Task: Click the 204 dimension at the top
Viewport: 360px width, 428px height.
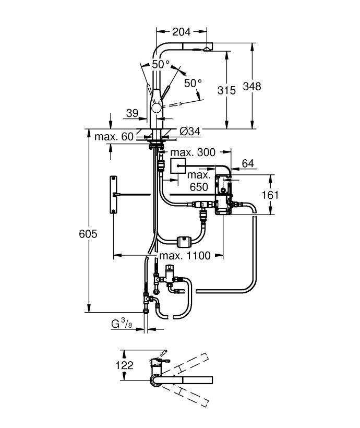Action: tap(181, 32)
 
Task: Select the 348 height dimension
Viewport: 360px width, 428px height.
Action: tap(252, 86)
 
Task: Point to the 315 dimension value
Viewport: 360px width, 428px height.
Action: tap(226, 90)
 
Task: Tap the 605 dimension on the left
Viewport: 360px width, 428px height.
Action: tap(88, 234)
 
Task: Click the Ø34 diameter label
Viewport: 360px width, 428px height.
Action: tap(190, 132)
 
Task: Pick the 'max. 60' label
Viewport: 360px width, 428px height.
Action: tap(114, 136)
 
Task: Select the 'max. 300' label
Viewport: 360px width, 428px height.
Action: tap(193, 152)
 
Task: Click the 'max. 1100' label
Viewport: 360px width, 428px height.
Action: tap(185, 256)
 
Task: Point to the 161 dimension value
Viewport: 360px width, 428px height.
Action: tap(270, 195)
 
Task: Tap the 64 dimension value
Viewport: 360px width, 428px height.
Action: tap(248, 163)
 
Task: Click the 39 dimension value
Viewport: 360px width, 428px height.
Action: tap(132, 113)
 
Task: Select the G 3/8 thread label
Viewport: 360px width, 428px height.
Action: tap(122, 324)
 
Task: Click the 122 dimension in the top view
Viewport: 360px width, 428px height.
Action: tap(125, 365)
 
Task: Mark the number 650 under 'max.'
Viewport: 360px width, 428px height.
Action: tap(199, 187)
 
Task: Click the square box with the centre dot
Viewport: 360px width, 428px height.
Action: tap(178, 165)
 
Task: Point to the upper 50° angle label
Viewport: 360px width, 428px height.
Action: tap(161, 64)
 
